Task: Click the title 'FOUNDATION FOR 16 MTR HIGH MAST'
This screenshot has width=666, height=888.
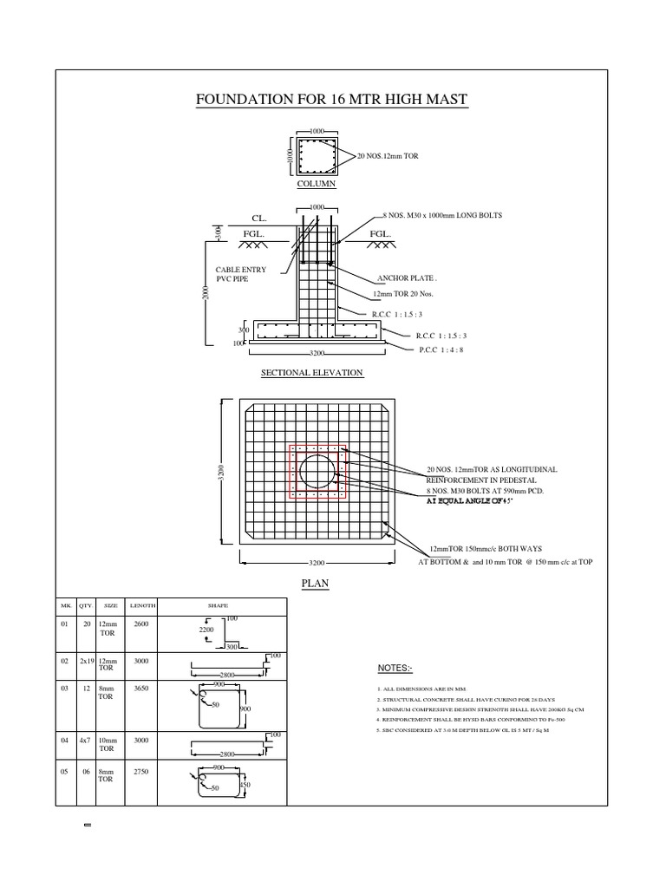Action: pos(333,101)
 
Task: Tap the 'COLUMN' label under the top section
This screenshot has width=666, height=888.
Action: pos(316,184)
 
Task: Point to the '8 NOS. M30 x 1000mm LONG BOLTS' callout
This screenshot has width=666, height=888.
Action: pos(442,214)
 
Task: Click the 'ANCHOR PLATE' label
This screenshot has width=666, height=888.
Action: pos(407,279)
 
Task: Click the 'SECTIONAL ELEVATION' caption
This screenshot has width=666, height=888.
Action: pos(312,373)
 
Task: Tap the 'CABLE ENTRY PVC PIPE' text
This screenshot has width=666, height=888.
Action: pos(241,275)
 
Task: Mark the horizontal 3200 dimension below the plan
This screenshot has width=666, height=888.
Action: pos(317,563)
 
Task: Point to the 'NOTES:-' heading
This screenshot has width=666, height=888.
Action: pos(395,669)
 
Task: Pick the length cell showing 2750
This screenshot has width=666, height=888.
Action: pos(141,770)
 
